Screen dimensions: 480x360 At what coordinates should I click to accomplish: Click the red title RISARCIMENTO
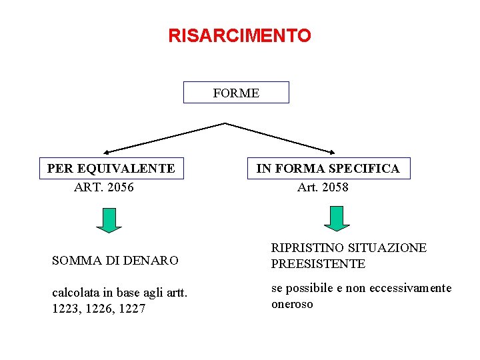pyautogui.click(x=239, y=35)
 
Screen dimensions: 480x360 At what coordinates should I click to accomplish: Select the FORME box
pyautogui.click(x=236, y=93)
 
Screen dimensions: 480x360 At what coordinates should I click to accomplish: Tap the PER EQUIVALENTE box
pyautogui.click(x=111, y=169)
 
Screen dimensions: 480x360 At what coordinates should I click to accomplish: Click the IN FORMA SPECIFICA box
pyautogui.click(x=328, y=169)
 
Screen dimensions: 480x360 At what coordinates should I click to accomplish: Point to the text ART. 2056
pyautogui.click(x=104, y=187)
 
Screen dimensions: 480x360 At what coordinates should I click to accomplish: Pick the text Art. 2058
pyautogui.click(x=323, y=187)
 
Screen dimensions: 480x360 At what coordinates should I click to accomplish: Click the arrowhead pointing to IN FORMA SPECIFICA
pyautogui.click(x=333, y=151)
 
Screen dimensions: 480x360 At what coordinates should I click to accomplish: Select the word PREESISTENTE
pyautogui.click(x=318, y=264)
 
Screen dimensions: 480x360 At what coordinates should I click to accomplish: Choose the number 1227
pyautogui.click(x=132, y=309)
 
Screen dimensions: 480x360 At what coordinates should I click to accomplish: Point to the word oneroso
pyautogui.click(x=292, y=304)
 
